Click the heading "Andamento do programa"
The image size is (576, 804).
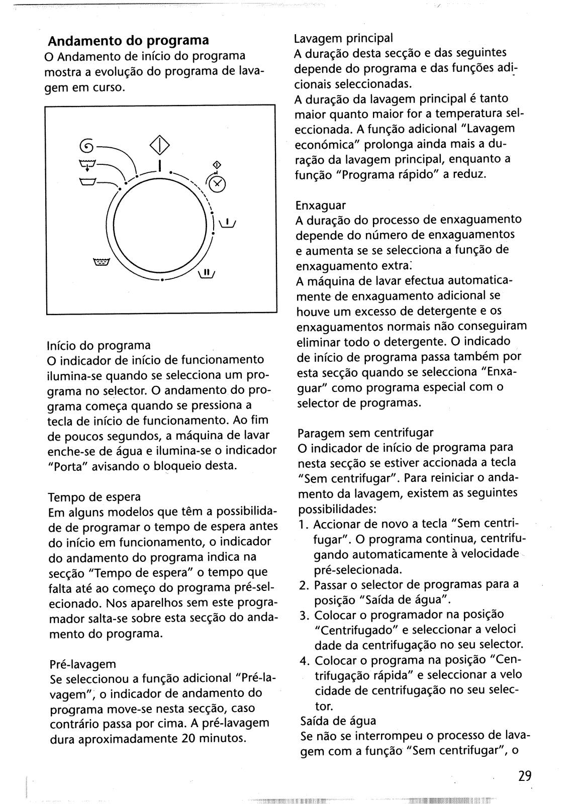128,40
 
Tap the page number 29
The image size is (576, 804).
524,776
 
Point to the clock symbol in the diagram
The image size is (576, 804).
218,184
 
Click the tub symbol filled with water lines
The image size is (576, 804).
101,262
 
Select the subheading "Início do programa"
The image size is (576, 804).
99,345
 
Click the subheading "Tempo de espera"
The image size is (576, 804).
94,497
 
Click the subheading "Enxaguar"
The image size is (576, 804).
321,206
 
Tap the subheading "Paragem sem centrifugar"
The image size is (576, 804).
365,433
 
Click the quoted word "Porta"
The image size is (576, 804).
67,466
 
